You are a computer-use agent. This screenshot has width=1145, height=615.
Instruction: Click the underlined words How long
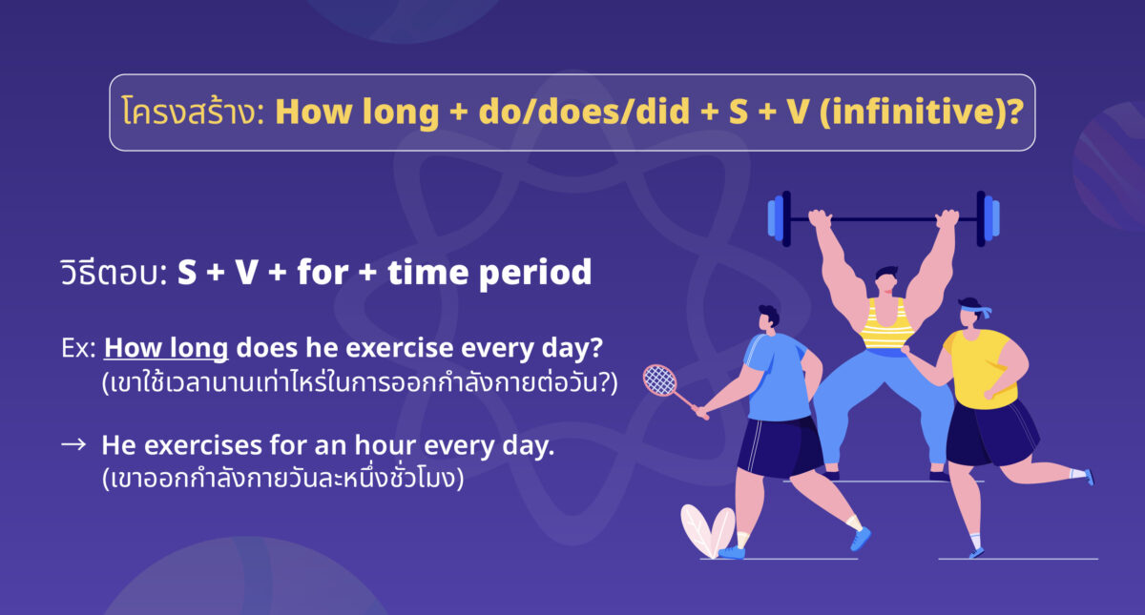tap(166, 348)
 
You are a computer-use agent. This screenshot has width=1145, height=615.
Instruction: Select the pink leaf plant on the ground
tap(706, 529)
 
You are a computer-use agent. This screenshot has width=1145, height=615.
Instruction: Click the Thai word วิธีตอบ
tap(112, 274)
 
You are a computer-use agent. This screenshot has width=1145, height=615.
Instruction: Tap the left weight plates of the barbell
tap(780, 217)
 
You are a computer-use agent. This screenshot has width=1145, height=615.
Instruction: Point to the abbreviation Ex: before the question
tap(77, 349)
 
